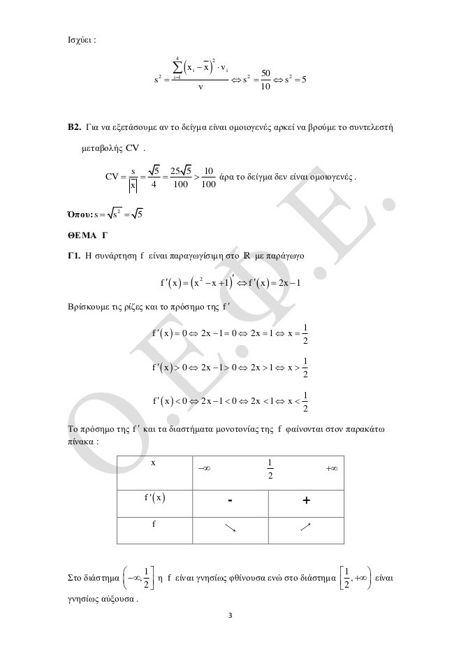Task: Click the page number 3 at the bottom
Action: tap(230, 617)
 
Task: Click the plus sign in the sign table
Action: tap(306, 501)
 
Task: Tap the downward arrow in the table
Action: tap(230, 528)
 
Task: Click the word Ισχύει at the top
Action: tap(76, 40)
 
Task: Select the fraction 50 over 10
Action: tap(265, 80)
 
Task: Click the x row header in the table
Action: tap(154, 462)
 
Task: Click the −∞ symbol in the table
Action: tap(205, 470)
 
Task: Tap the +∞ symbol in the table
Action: tap(333, 470)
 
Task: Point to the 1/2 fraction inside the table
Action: tap(268, 470)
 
